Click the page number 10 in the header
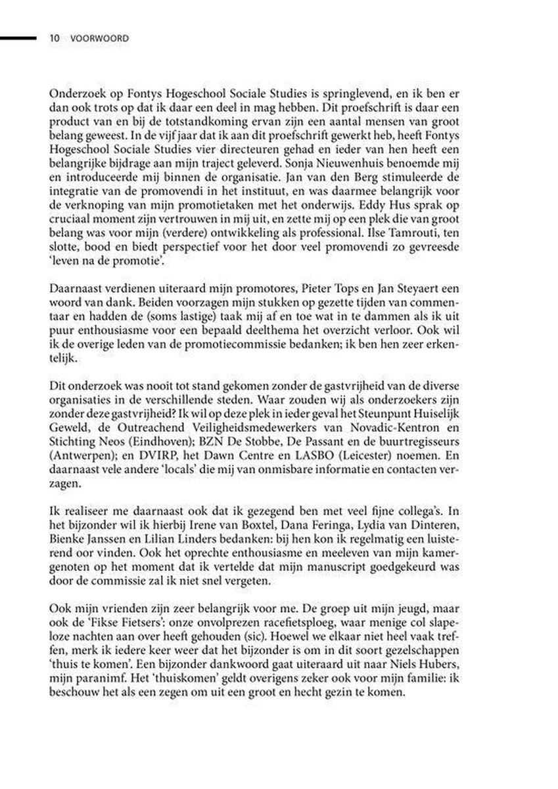click(x=55, y=39)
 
